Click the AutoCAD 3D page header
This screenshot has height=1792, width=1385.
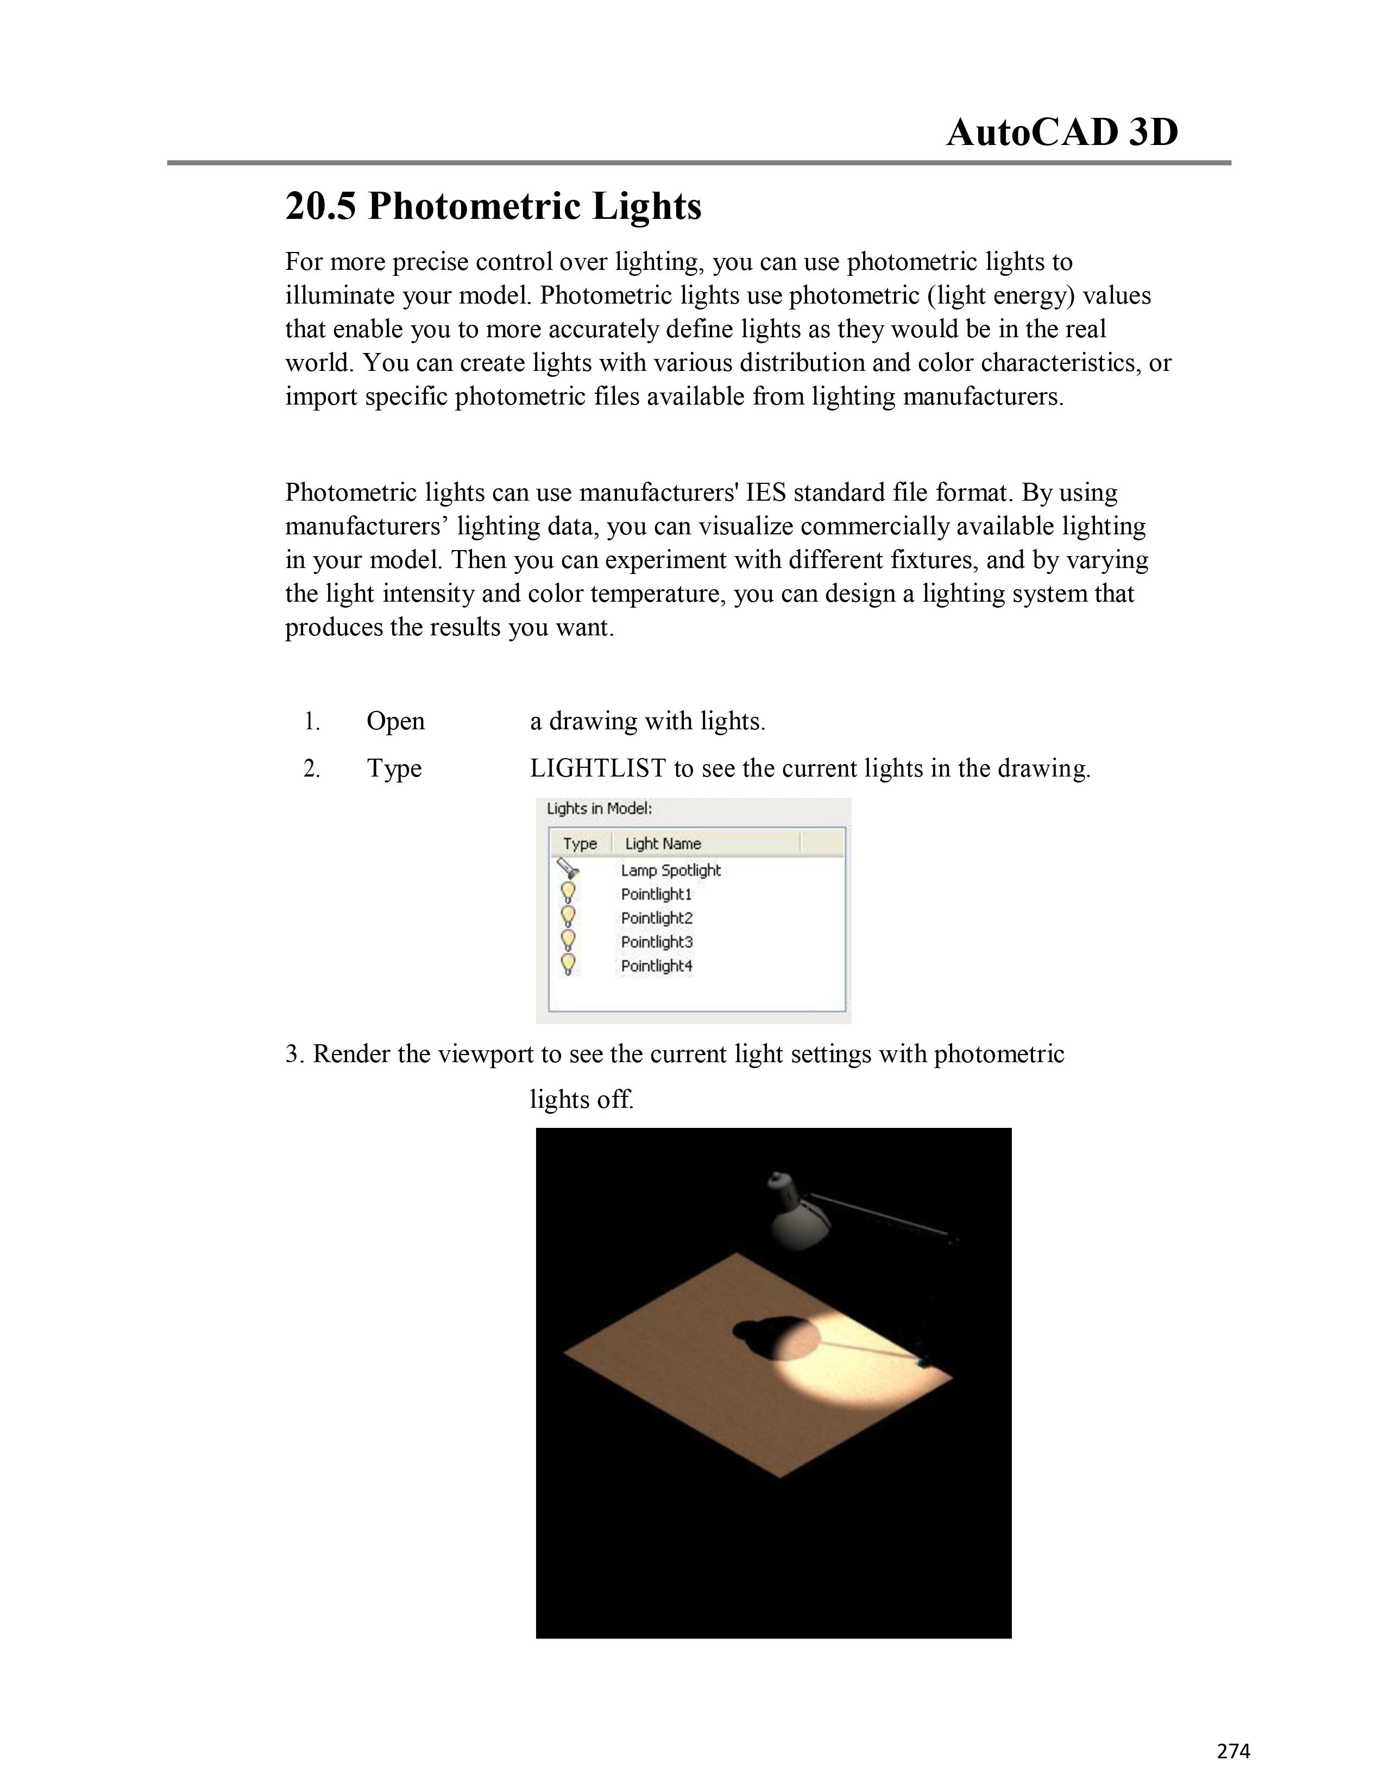tap(1062, 132)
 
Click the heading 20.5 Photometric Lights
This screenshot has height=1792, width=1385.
tap(493, 206)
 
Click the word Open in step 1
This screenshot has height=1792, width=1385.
tap(395, 721)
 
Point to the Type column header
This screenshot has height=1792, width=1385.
tap(580, 843)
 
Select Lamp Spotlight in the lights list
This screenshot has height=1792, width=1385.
tap(670, 870)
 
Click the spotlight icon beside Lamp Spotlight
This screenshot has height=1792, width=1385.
tap(568, 869)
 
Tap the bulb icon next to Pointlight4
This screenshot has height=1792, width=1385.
tap(568, 964)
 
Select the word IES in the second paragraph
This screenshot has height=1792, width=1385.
tap(766, 493)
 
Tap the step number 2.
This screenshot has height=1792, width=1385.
tap(312, 769)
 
